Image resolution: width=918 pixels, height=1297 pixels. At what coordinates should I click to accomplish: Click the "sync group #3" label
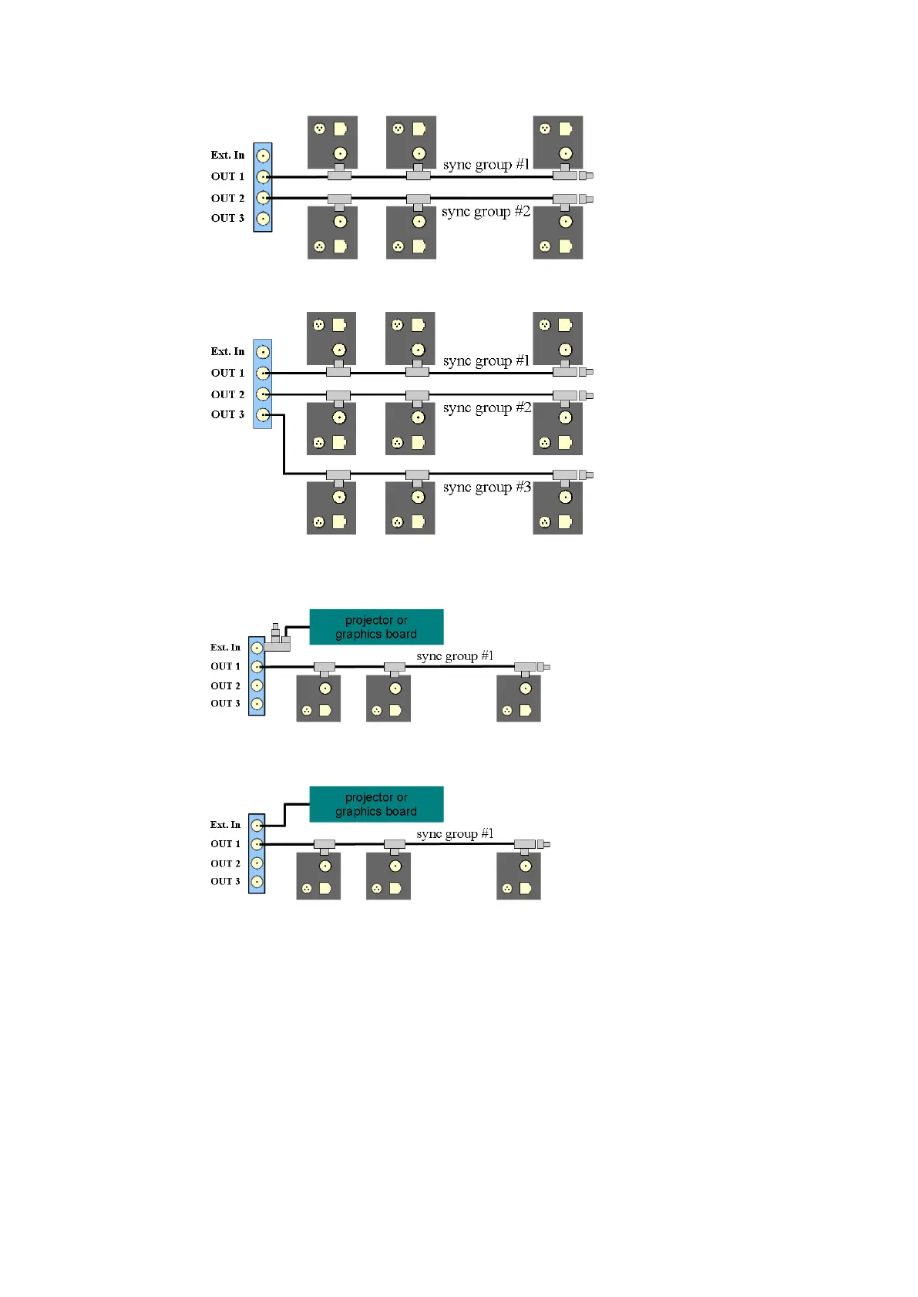tap(486, 488)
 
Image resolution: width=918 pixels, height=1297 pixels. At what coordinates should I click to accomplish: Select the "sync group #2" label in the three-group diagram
tap(486, 408)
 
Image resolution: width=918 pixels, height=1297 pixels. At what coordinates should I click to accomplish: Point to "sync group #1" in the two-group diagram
tap(486, 165)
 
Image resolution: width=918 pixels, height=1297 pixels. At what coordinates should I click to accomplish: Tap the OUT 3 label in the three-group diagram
tap(227, 414)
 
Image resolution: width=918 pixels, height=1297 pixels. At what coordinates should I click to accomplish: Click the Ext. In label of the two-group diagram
tap(227, 155)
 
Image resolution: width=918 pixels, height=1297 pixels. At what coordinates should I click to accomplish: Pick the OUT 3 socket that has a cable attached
tap(263, 415)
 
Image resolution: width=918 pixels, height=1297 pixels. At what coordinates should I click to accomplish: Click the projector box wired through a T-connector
tap(376, 627)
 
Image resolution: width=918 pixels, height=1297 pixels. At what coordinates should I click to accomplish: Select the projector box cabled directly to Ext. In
tap(376, 804)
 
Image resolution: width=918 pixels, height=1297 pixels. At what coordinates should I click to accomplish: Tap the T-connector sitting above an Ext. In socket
tap(277, 638)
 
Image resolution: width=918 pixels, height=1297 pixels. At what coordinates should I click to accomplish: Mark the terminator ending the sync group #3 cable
tap(586, 474)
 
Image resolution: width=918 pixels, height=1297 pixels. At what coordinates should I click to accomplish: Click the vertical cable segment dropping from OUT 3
tap(284, 444)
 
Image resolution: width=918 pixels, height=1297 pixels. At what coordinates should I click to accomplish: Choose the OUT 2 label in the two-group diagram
tap(227, 198)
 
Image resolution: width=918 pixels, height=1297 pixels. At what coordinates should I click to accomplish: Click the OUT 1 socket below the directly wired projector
tap(257, 844)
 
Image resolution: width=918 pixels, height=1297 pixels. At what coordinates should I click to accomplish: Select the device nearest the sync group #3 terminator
tap(557, 508)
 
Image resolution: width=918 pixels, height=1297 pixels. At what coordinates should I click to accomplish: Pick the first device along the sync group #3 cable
tap(331, 508)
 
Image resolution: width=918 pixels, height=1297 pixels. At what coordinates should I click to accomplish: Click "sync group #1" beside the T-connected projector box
tap(455, 656)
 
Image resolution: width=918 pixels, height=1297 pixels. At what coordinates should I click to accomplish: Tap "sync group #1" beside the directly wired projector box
tap(455, 834)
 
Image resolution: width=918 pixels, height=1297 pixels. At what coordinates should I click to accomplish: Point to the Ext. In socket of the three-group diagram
tap(263, 352)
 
